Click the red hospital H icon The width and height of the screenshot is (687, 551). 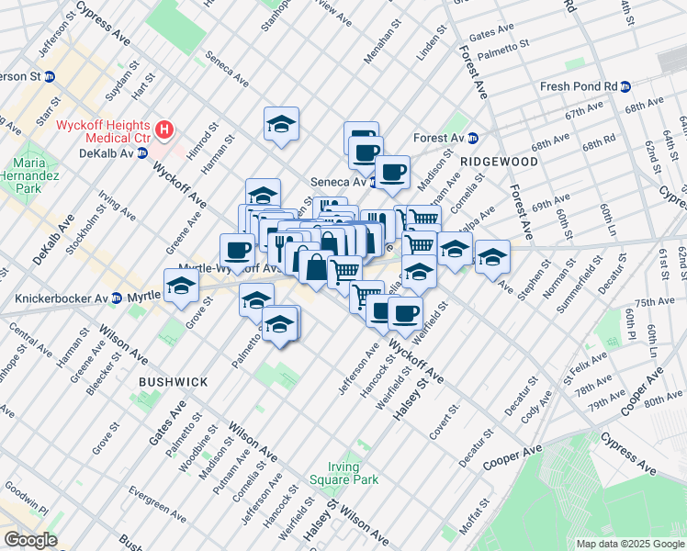coord(164,130)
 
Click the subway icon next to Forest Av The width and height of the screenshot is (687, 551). coord(474,139)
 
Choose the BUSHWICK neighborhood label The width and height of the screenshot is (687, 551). coord(173,380)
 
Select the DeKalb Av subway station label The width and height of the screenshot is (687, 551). coord(108,153)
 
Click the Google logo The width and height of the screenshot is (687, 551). coord(31,539)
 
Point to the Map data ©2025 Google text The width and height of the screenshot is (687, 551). coord(629,544)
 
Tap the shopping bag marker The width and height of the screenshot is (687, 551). coord(315,269)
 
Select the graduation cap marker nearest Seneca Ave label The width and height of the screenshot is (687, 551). coord(281,125)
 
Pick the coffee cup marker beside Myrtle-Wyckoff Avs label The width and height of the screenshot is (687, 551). coord(237,251)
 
